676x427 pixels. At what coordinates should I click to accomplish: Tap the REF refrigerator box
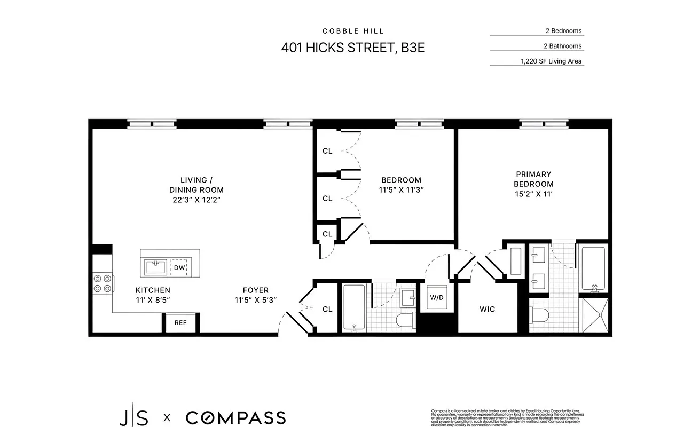pos(180,322)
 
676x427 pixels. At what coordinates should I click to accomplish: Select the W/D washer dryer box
pos(437,297)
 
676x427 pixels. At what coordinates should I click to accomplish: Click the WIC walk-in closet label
pos(487,309)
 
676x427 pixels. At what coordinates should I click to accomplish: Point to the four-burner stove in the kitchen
pos(103,283)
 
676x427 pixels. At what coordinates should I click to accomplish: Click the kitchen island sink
pos(155,266)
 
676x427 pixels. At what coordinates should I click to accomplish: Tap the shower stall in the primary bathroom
pos(593,315)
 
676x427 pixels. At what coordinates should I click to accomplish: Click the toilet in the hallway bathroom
pos(405,320)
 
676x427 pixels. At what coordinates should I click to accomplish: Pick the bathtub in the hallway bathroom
pos(353,307)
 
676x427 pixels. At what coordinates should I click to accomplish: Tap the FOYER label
pos(256,290)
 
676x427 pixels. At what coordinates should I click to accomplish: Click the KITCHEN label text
pos(153,290)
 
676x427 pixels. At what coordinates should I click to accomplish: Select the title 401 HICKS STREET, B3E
pos(353,48)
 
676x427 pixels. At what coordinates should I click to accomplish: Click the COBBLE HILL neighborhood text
pos(353,31)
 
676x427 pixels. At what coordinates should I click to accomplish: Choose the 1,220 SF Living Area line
pos(551,61)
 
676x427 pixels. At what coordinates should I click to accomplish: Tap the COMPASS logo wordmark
pos(235,417)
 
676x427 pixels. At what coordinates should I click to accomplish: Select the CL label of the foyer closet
pos(327,309)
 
